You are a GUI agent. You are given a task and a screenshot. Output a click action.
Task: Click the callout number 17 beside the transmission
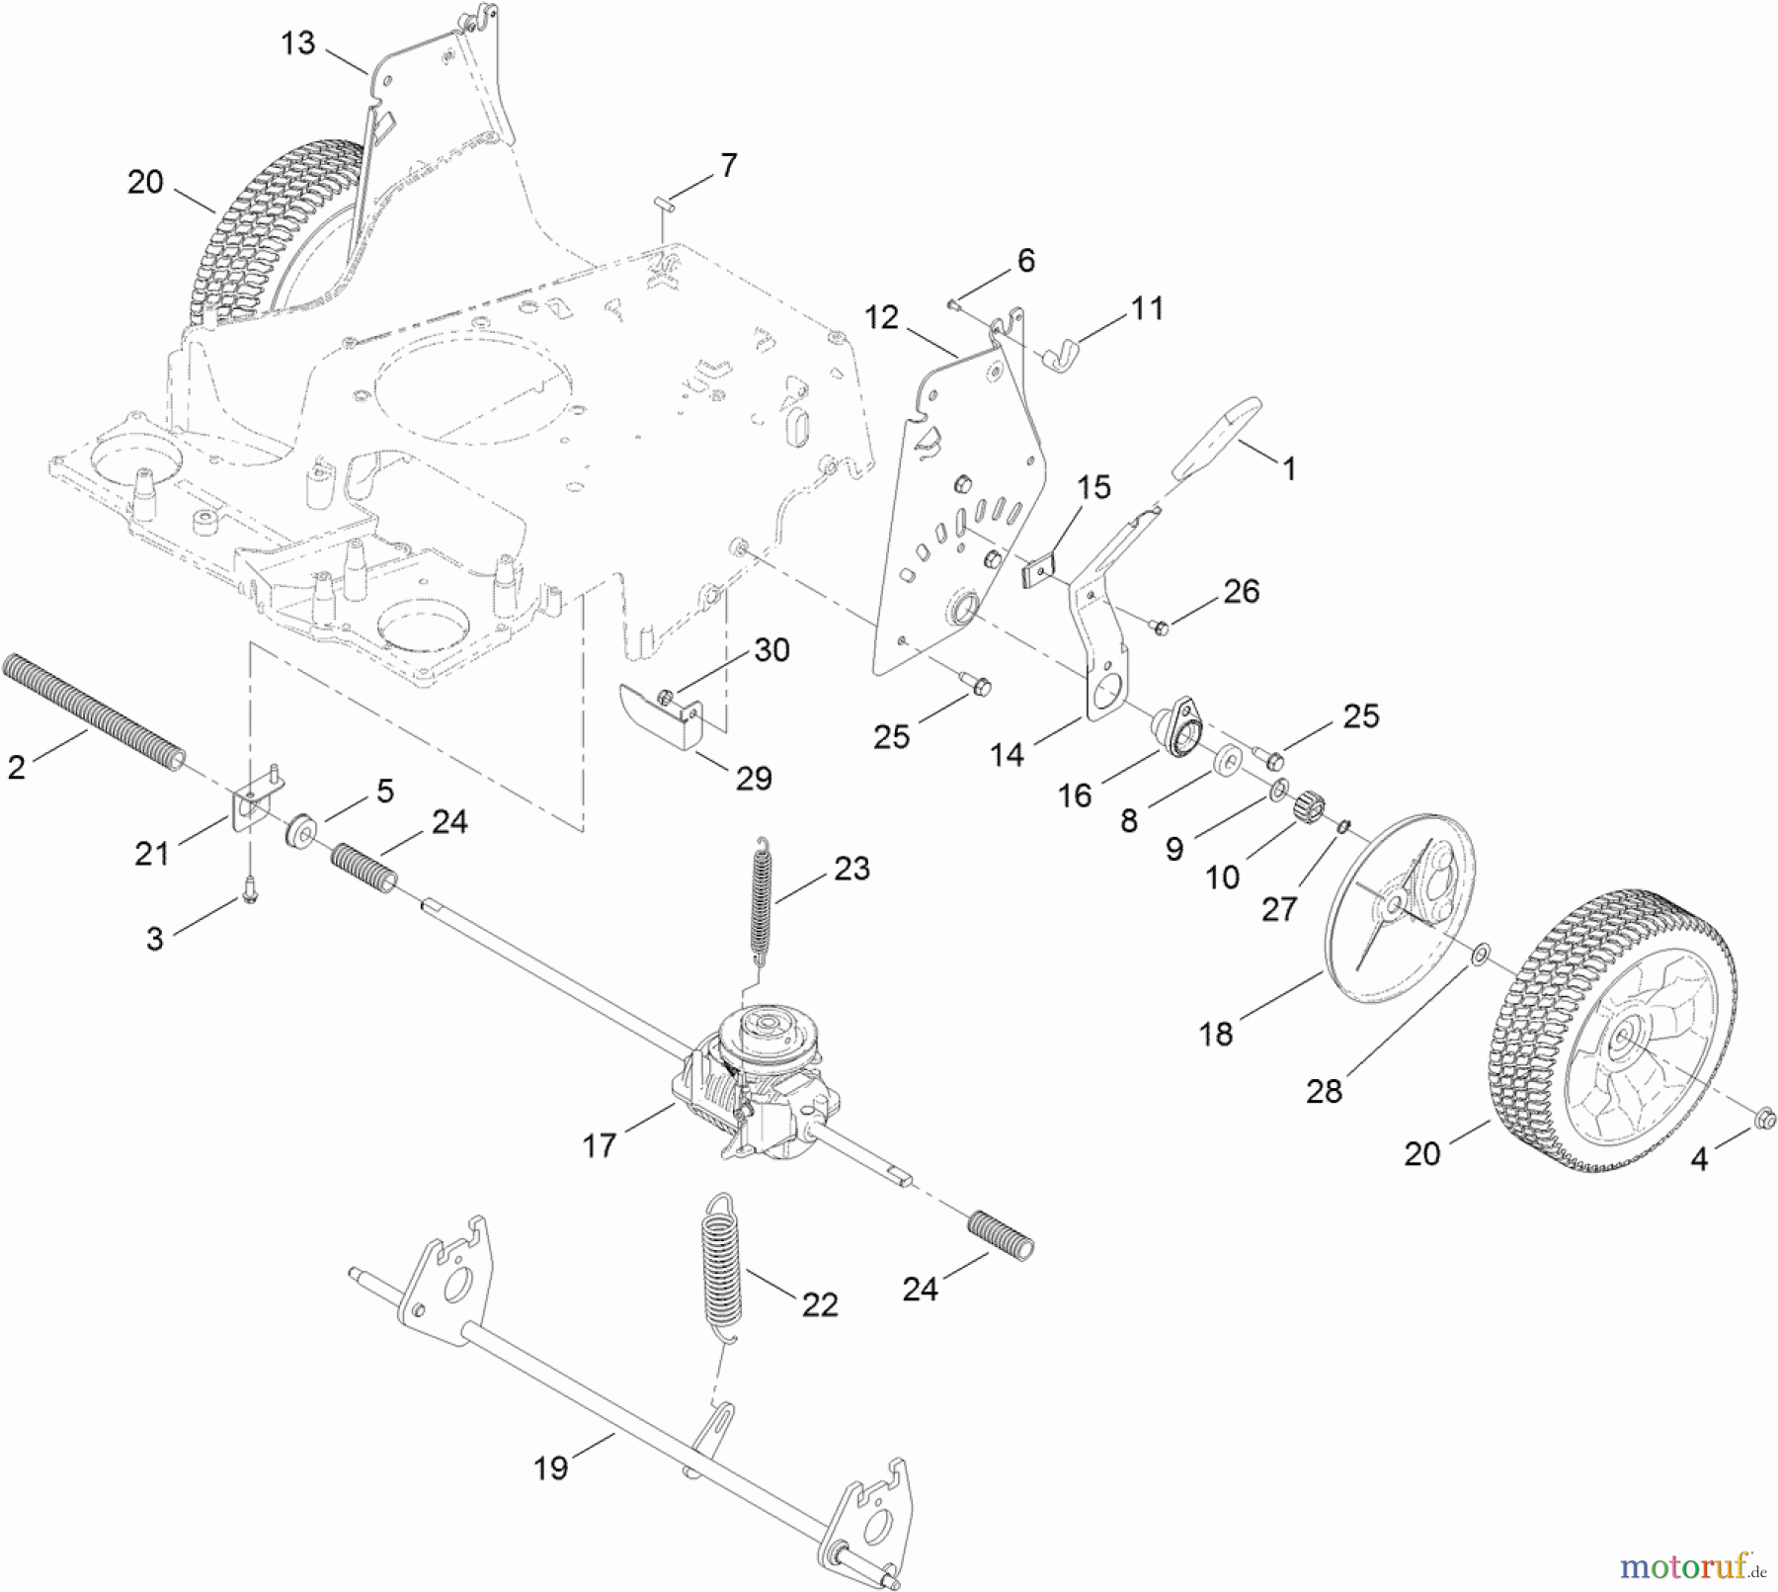click(600, 1145)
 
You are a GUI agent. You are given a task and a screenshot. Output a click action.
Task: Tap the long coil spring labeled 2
click(94, 713)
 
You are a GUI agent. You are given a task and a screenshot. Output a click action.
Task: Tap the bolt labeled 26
click(1162, 626)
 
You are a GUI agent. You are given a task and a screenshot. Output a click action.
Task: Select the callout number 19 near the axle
click(551, 1468)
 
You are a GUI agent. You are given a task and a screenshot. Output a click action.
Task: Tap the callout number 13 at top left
click(297, 43)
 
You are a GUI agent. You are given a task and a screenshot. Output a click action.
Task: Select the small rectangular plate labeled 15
click(1037, 571)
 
